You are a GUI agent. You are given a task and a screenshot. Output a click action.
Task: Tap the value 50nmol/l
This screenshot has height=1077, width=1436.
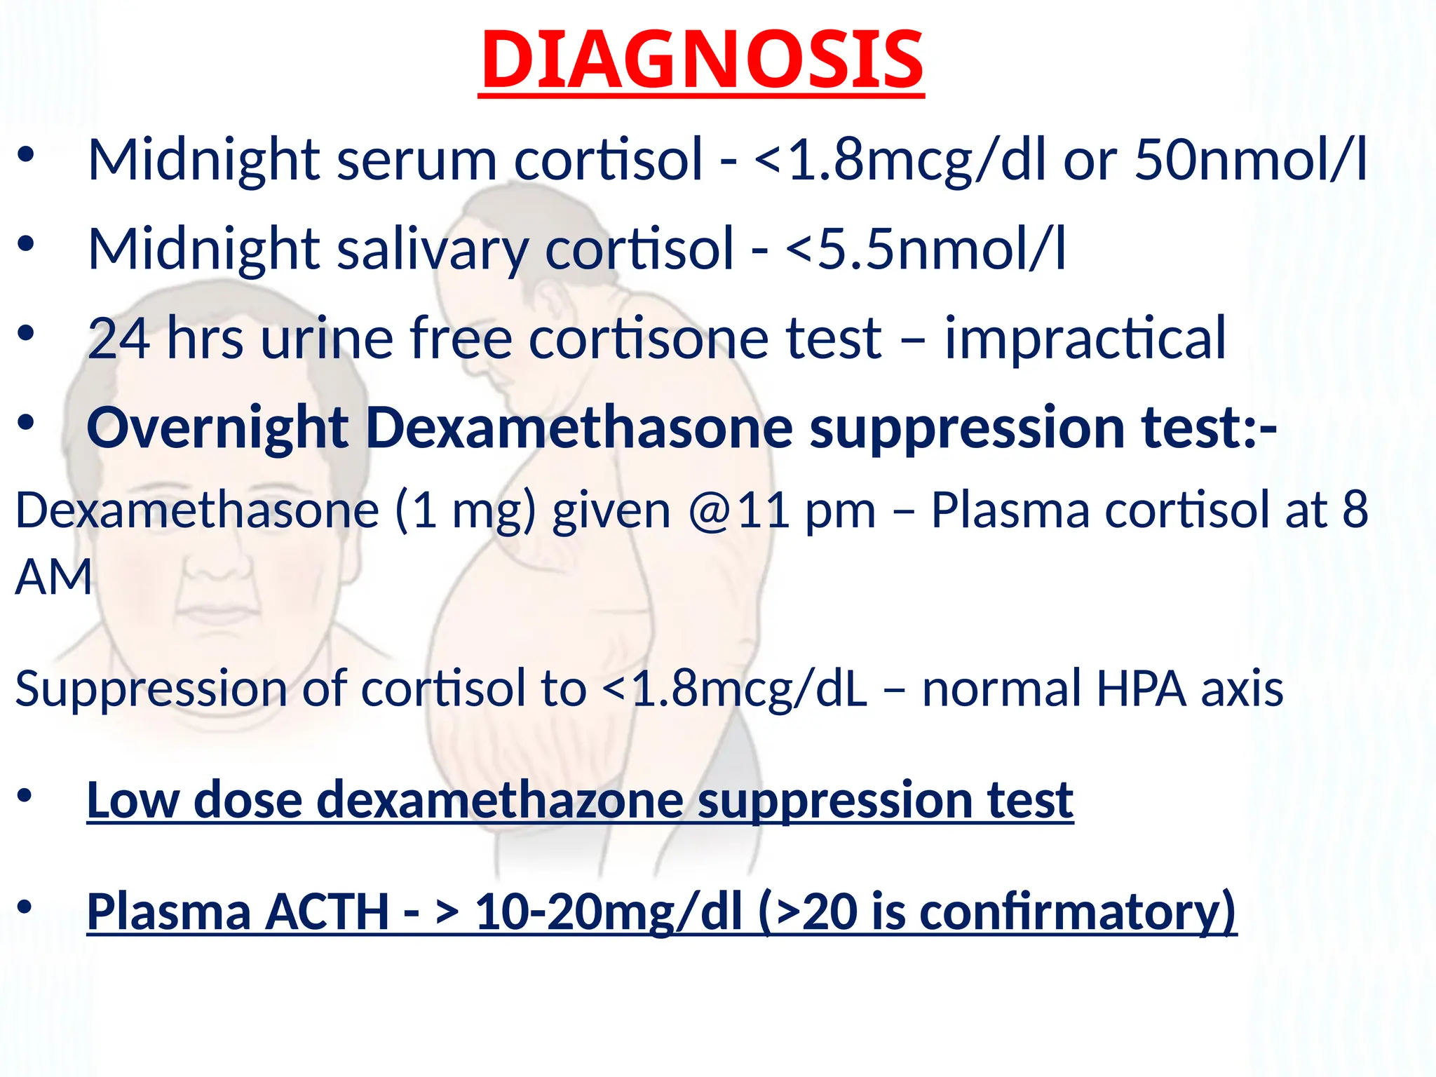pos(1250,160)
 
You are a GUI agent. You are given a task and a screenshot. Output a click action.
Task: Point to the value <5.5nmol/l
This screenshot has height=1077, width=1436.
pos(926,250)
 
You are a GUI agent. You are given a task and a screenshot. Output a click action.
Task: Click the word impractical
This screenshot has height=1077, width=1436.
pos(1085,339)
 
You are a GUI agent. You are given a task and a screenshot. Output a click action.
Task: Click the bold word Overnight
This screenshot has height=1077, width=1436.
pos(217,428)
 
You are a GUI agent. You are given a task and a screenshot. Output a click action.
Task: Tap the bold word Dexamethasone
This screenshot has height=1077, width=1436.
pos(580,428)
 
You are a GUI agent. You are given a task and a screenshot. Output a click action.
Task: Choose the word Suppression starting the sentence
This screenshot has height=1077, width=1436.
pos(151,689)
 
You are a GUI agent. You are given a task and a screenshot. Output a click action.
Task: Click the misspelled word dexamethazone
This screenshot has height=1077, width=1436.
pos(500,800)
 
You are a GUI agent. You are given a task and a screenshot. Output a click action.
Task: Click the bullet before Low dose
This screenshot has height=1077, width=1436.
pos(25,795)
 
